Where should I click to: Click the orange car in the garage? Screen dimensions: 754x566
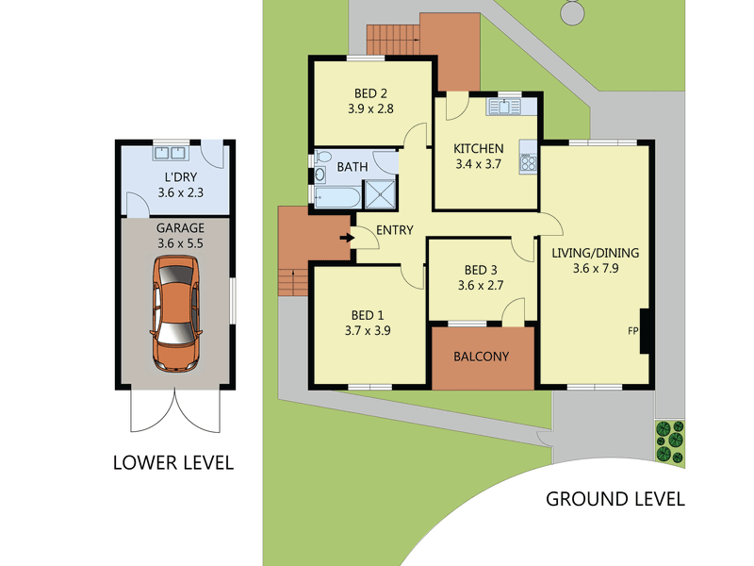click(175, 313)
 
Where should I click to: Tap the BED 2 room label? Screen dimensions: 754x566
click(370, 93)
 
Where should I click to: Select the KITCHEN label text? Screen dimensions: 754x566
click(479, 149)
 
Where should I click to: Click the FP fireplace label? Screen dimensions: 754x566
click(632, 331)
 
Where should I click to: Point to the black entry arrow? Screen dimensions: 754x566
click(347, 238)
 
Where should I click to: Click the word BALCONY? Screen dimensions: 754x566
click(481, 357)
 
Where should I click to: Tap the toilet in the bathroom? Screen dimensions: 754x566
click(323, 157)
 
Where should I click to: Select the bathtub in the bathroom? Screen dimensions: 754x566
click(337, 197)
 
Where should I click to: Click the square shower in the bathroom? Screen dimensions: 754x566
click(381, 194)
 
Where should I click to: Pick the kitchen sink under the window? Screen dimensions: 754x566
click(503, 107)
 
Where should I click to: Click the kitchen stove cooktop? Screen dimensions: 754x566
click(529, 162)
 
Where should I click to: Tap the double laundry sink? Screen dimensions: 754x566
click(171, 153)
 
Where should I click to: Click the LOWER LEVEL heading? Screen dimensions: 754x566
click(173, 462)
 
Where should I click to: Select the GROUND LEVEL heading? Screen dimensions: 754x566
click(615, 499)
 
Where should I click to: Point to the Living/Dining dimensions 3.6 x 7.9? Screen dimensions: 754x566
click(596, 269)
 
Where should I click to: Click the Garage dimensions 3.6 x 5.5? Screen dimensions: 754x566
click(180, 243)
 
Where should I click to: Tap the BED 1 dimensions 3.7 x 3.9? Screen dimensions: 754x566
click(368, 331)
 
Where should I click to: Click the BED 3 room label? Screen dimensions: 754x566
click(481, 270)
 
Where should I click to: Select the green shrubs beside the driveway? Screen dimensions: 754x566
click(670, 441)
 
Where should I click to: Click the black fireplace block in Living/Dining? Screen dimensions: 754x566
click(645, 332)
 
